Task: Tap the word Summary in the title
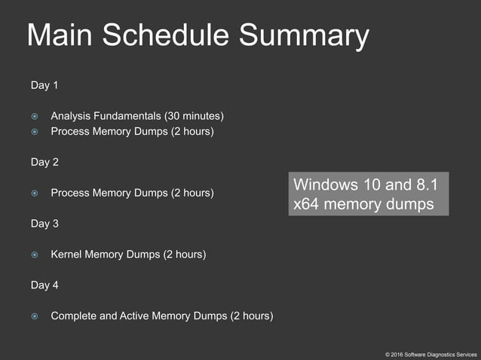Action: (x=305, y=36)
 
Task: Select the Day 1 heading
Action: (x=44, y=85)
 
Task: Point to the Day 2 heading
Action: (x=44, y=162)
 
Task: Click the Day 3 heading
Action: (x=44, y=224)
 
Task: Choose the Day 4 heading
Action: (x=44, y=285)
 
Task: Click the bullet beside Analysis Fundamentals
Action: (x=35, y=116)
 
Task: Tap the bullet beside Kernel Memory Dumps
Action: (x=35, y=255)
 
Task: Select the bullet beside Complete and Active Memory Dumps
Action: (x=35, y=316)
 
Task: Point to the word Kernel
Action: (x=67, y=255)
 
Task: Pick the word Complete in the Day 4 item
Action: (x=74, y=316)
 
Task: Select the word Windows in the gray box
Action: (x=323, y=185)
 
